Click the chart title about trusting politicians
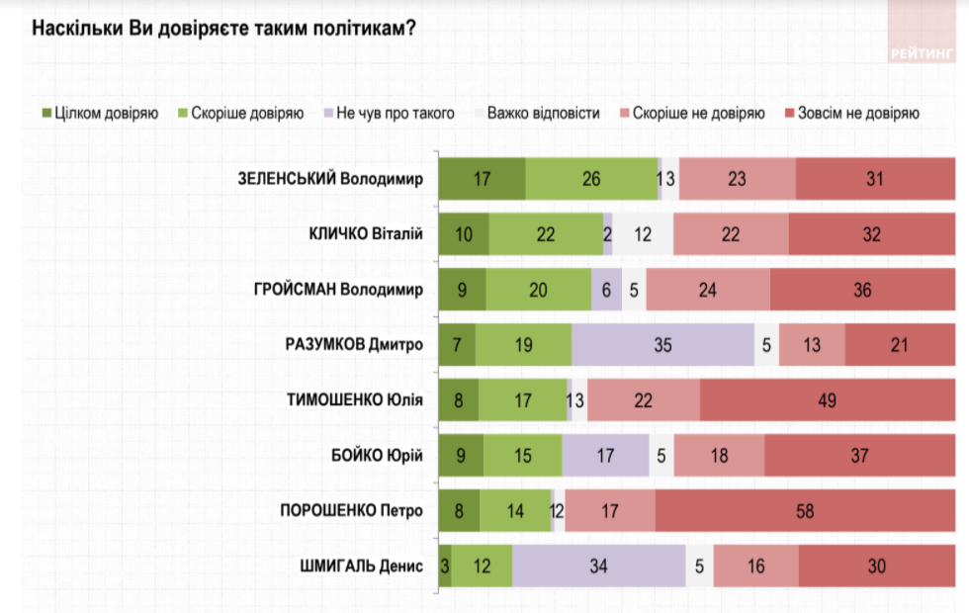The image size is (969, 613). (222, 28)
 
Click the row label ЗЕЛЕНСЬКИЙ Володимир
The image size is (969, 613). (330, 179)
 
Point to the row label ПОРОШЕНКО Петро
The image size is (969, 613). (352, 511)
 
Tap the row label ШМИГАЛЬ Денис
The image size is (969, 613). (361, 567)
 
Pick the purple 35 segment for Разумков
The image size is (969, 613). (662, 345)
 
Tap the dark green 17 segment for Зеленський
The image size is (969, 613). (482, 179)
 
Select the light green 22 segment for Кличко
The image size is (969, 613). (546, 234)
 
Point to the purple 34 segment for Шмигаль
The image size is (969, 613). (599, 567)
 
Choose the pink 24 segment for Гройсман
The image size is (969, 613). (708, 290)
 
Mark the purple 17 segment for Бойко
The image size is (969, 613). (605, 456)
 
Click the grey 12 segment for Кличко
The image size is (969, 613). (643, 234)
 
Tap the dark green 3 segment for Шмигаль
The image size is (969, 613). (445, 567)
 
